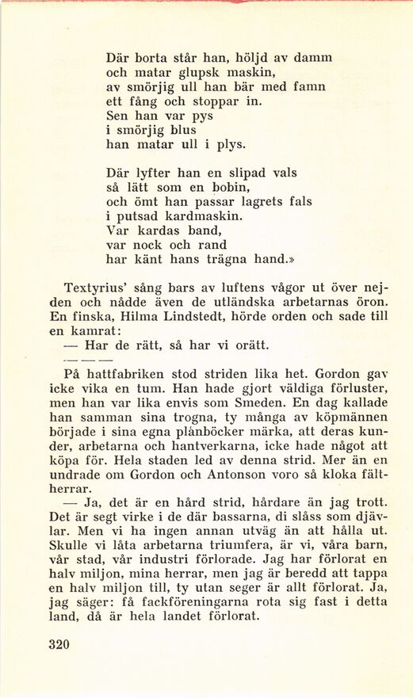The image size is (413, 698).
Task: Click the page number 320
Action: [x=59, y=644]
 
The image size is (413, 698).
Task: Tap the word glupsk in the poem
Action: [x=185, y=72]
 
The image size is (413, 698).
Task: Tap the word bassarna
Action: [x=231, y=517]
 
